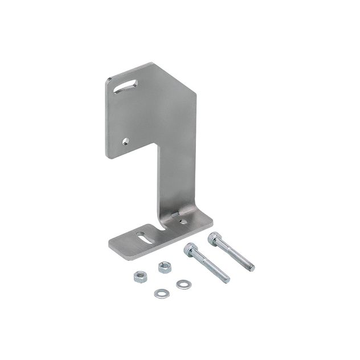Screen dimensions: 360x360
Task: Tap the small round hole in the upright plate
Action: (x=126, y=141)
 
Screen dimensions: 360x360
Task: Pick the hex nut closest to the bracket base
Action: (x=165, y=267)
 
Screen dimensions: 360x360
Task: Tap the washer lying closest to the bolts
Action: (x=182, y=284)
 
